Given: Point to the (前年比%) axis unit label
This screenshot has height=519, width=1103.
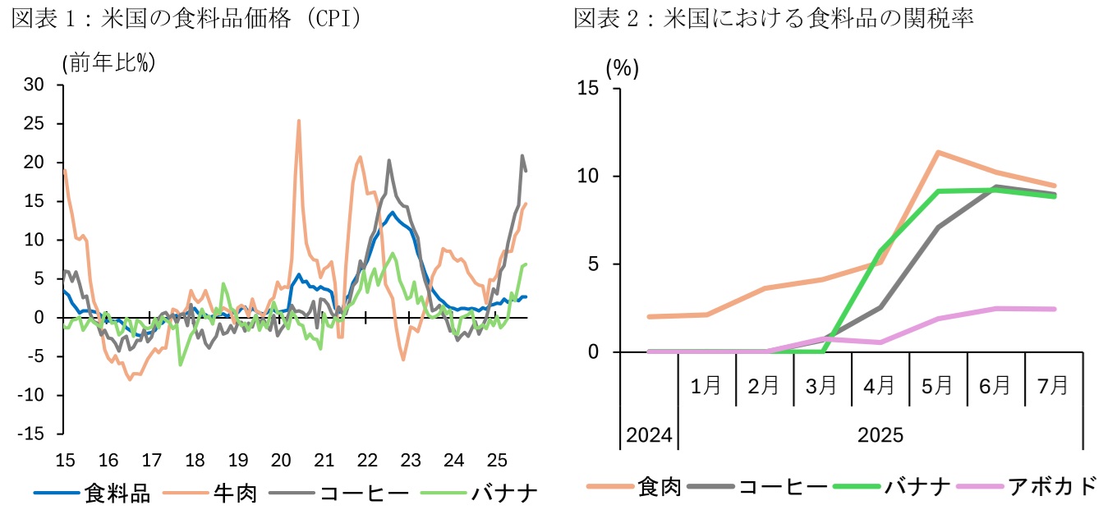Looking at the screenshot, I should [x=108, y=62].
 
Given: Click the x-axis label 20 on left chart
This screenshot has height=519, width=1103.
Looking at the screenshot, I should [x=280, y=460].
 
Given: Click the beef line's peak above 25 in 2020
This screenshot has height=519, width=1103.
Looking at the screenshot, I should [x=298, y=121].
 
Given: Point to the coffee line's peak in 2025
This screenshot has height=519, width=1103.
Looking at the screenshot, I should [x=522, y=156].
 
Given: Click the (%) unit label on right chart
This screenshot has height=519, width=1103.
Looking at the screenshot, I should [x=622, y=69].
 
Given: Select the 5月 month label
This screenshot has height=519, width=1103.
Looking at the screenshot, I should [x=939, y=386].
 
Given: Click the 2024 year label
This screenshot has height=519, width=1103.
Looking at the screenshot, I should [x=649, y=434].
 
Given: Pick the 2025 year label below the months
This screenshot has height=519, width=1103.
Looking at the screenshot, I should [x=880, y=434].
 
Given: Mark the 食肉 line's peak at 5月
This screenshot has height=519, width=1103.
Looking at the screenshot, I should [x=938, y=152].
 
